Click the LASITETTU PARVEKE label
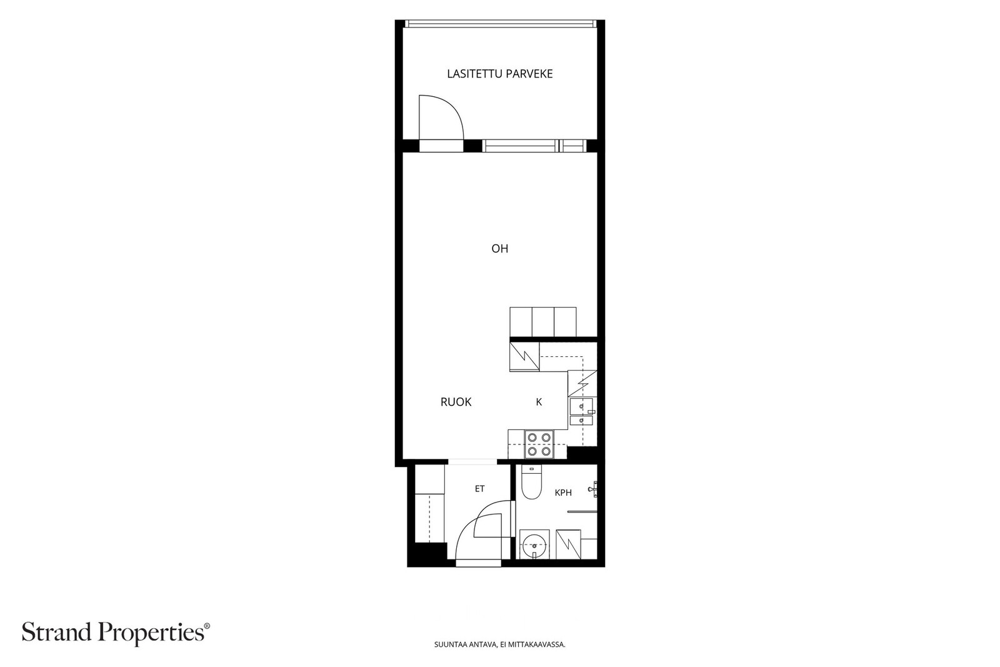[x=499, y=74]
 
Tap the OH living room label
[x=499, y=249]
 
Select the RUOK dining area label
[x=456, y=402]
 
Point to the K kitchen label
[x=539, y=402]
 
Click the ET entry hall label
[x=479, y=489]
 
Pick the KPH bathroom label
[x=563, y=493]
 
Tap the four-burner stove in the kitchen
[x=539, y=444]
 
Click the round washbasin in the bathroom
[x=534, y=545]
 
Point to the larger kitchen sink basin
[x=581, y=406]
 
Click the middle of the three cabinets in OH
[x=543, y=322]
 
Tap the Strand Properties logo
[x=116, y=633]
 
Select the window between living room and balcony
[x=534, y=146]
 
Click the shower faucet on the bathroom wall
[x=593, y=489]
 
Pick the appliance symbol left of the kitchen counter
[x=524, y=357]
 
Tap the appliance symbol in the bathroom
[x=568, y=544]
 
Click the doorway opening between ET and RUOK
[x=472, y=461]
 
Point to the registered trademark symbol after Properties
[x=207, y=626]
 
